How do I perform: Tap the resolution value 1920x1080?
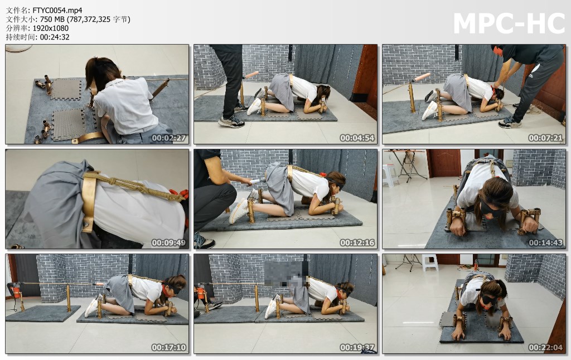51,28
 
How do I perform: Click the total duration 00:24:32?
55,37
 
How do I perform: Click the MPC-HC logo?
509,23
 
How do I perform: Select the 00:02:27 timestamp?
168,138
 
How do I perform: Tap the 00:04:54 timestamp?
357,138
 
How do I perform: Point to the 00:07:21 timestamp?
545,138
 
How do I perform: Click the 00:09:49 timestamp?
168,242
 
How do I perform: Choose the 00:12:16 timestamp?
357,242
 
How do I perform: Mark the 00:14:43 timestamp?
545,242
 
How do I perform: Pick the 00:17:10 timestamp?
168,347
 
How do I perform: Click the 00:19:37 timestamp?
357,347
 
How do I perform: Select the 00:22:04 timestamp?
545,347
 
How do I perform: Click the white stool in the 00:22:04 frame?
430,262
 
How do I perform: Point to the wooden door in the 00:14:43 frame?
445,163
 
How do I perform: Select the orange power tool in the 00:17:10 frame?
16,291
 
